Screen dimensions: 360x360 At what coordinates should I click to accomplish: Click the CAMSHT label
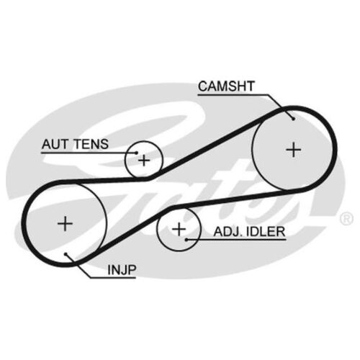click(x=226, y=86)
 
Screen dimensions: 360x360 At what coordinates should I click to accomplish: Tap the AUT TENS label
click(x=75, y=144)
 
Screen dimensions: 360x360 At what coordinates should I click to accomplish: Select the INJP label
click(x=122, y=270)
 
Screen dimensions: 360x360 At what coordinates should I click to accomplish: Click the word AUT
click(x=55, y=144)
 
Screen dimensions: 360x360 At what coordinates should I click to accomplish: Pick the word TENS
click(x=91, y=144)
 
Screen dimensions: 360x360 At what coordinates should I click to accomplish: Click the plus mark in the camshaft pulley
click(x=294, y=150)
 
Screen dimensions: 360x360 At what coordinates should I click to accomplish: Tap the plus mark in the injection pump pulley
click(x=65, y=224)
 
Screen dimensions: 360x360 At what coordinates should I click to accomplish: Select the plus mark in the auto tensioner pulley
click(x=144, y=161)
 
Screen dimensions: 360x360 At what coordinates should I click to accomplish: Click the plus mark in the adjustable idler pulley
click(x=179, y=229)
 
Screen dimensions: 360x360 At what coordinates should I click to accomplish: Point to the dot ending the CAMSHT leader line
click(x=293, y=119)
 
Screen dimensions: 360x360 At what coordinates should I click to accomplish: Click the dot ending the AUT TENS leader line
click(x=137, y=153)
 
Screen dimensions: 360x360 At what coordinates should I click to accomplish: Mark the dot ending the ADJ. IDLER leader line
click(x=186, y=239)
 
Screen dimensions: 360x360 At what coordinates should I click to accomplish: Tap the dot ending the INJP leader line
click(x=66, y=254)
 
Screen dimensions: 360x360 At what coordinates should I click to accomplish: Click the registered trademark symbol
click(x=346, y=219)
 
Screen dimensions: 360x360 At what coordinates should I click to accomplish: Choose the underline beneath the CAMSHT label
click(x=233, y=94)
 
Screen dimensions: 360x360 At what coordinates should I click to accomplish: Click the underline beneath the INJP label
click(x=113, y=278)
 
